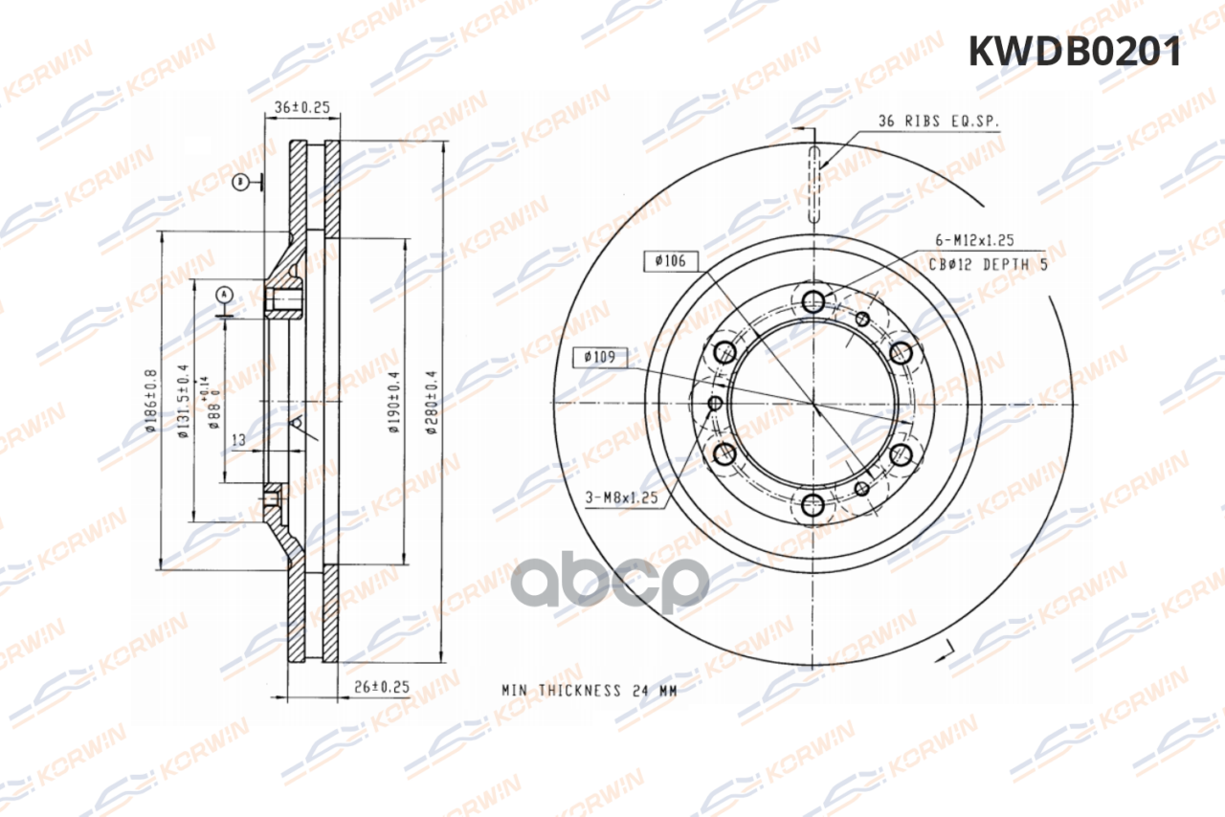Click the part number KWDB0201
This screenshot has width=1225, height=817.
point(1075,52)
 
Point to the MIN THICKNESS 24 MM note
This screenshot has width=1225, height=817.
point(589,690)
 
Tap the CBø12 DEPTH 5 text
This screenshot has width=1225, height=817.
point(988,264)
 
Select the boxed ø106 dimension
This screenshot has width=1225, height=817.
point(671,260)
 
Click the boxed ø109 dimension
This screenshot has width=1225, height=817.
point(601,358)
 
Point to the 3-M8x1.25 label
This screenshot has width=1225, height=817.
point(621,497)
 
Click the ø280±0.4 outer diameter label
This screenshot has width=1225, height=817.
point(432,403)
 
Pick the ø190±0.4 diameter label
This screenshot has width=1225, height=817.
point(393,403)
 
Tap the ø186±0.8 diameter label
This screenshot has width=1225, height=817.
point(151,401)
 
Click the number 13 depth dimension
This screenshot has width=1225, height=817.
point(240,439)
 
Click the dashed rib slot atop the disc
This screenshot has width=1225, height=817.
point(813,182)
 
